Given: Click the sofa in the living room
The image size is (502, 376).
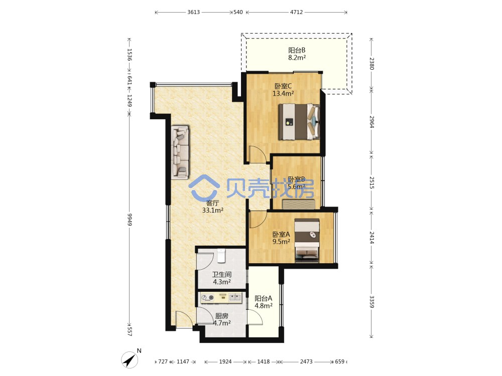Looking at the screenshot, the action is coord(180,152).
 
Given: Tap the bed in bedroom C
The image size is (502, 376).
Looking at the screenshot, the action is coord(299,121).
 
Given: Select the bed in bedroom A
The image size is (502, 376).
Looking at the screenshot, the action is coord(307,240).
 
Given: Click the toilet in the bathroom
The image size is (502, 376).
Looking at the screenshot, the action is coord(221,256).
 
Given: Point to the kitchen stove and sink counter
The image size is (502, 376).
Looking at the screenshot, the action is coord(221,298).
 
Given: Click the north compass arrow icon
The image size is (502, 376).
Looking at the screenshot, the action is coord(130,359).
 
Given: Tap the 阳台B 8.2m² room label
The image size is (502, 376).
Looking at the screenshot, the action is coord(297,54).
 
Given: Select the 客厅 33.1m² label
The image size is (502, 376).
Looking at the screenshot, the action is coord(212,207).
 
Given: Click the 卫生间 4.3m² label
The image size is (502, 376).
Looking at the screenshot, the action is coord(221,278).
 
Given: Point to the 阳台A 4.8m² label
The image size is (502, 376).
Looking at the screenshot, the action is coord(264,302).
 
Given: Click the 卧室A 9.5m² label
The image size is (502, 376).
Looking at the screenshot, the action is coord(282,238).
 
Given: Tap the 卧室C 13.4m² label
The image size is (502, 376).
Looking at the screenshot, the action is coord(283,90).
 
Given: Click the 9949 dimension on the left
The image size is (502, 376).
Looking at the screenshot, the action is coord(130,220).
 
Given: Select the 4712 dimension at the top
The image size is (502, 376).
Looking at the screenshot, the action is coord(297,12).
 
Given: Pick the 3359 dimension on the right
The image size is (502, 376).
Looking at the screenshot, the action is coord(371,301).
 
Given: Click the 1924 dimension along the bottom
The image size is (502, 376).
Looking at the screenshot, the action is coord(225,361).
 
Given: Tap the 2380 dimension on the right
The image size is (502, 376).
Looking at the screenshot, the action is coord(371,64).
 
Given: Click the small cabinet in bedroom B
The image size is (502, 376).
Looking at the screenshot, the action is coord(298,204).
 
